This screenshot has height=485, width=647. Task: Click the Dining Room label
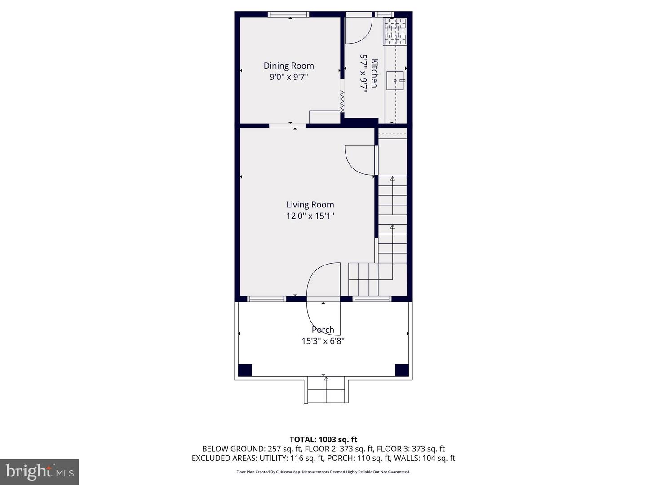(x=288, y=66)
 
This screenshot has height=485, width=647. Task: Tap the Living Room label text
(x=310, y=205)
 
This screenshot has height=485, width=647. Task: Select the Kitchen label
(x=374, y=73)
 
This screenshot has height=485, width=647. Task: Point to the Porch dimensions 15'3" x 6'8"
(x=323, y=341)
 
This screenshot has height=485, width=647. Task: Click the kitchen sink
(x=395, y=80)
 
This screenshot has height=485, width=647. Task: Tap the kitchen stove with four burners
(x=394, y=31)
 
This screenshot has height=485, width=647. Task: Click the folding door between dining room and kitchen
(x=342, y=101)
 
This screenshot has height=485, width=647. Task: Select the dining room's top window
(x=288, y=14)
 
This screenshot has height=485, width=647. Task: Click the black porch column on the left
(x=245, y=370)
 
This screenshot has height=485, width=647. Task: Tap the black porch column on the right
(x=402, y=370)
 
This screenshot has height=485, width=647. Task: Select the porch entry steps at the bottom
(x=326, y=390)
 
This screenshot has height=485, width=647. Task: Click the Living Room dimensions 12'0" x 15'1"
(x=310, y=216)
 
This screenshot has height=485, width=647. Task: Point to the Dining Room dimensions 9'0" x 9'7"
(x=289, y=77)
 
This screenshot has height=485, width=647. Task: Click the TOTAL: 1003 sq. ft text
(x=323, y=440)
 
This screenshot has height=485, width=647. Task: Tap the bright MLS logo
(x=40, y=472)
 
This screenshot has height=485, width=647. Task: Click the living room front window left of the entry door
(x=266, y=299)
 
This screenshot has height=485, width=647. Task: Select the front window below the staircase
(x=372, y=299)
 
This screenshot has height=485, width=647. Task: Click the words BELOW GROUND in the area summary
(x=233, y=449)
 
